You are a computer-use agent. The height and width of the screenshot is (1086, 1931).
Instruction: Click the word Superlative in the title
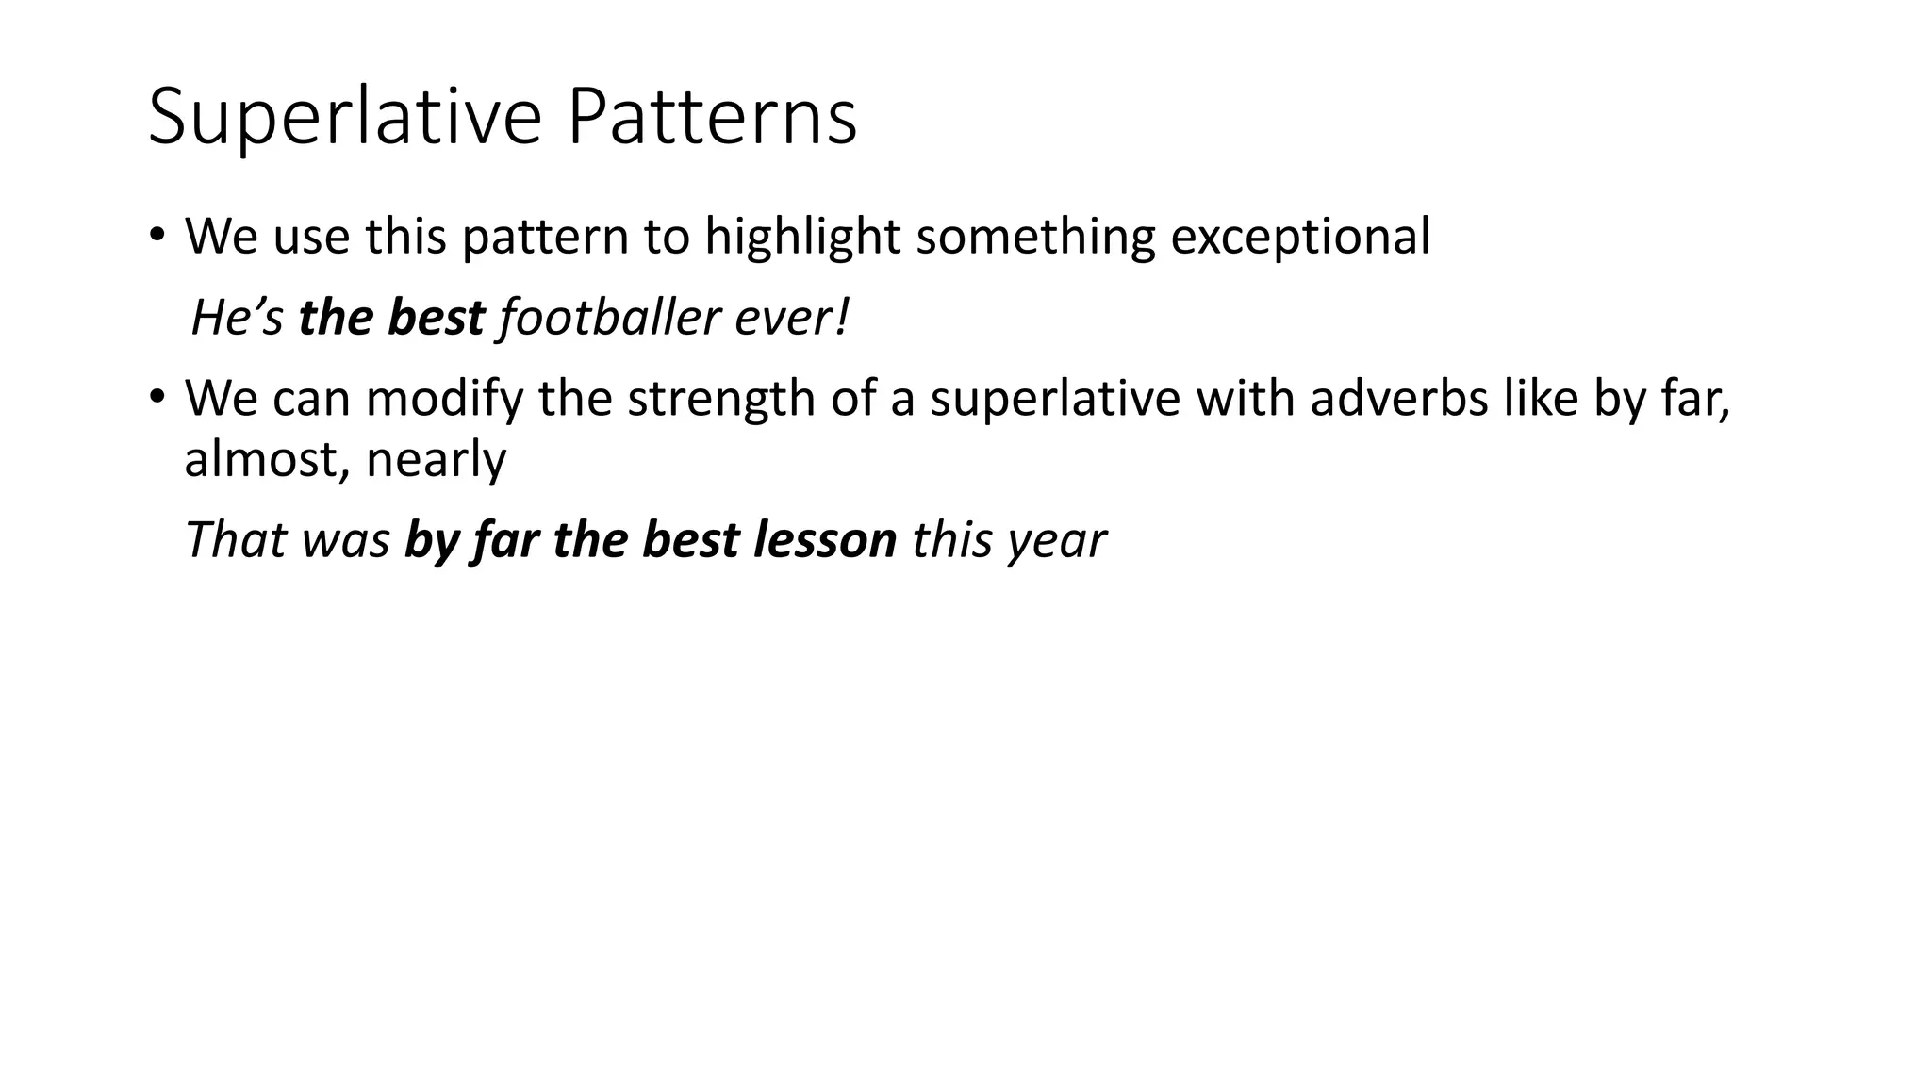coord(344,117)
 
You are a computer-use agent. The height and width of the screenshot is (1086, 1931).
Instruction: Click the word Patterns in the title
coord(713,117)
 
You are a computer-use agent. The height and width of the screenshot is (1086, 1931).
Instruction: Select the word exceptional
coord(1300,237)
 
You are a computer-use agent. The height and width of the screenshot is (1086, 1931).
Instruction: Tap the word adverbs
coord(1398,398)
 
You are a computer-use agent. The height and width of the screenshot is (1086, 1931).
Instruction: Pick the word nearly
coord(436,460)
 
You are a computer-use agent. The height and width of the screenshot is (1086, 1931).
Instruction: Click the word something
coord(1034,237)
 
